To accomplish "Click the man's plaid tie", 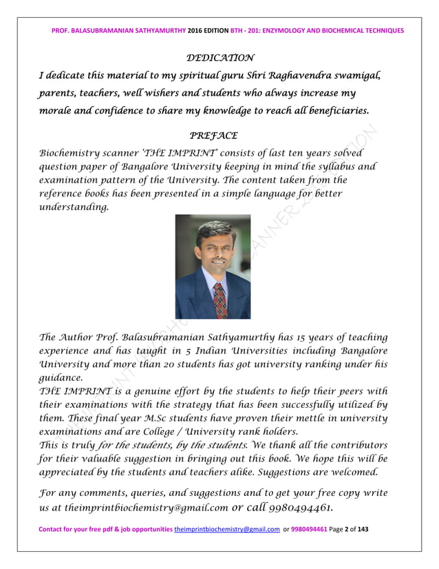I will (220, 296).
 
